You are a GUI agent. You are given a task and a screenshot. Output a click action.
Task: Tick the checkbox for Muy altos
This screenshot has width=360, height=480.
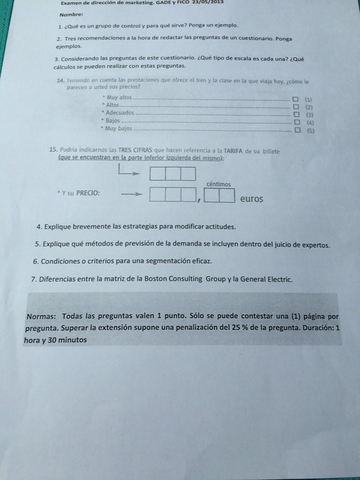[x=295, y=100]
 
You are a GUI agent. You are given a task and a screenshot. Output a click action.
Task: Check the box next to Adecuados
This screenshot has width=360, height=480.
[x=295, y=115]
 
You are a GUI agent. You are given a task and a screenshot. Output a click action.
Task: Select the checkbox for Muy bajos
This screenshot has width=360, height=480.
[x=295, y=130]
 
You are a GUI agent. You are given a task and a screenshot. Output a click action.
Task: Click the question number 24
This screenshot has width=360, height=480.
[x=61, y=79]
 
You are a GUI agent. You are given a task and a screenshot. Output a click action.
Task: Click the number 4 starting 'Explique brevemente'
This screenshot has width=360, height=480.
[x=38, y=227]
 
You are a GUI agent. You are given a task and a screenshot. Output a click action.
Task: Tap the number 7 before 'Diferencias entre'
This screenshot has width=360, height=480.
[x=33, y=279]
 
